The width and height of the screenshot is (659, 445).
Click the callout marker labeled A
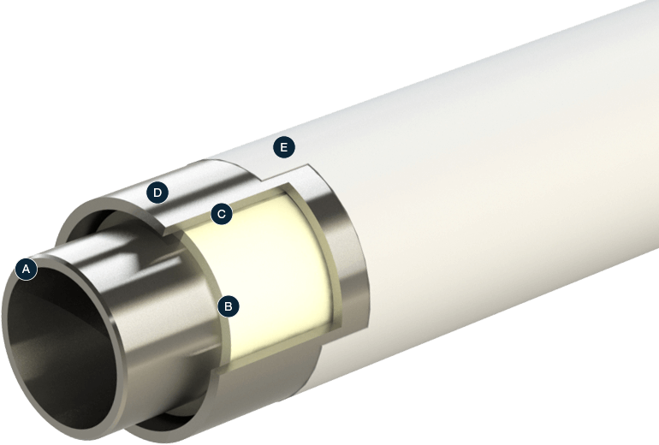point(27,270)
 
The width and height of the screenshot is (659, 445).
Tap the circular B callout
point(228,306)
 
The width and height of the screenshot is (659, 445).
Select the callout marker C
point(221,214)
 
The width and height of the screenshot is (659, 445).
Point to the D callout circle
point(157,193)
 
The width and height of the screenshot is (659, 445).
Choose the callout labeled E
point(283,148)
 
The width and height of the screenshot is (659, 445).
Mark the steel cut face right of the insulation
point(347,257)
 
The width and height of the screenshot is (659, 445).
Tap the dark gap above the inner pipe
point(103,224)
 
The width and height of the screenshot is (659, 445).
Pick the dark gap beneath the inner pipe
point(163,423)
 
